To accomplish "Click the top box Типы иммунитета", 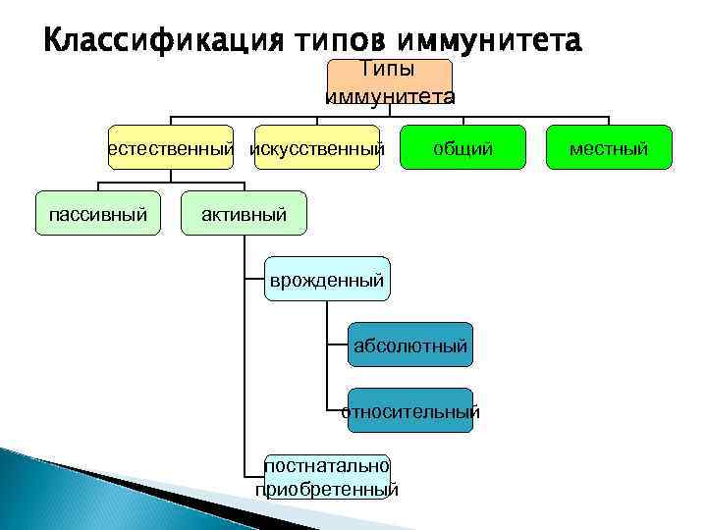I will (x=389, y=82).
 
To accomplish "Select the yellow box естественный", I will (x=171, y=148).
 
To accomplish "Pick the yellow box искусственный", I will (x=316, y=148).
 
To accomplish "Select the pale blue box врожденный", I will (x=327, y=280).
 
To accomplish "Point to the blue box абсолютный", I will (x=410, y=345).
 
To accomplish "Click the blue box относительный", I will (x=410, y=411).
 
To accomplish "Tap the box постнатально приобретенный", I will (x=327, y=477).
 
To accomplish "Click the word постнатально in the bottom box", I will (x=327, y=466).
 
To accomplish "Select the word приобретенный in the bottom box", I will (x=327, y=489).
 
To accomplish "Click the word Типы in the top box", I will (x=389, y=69).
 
